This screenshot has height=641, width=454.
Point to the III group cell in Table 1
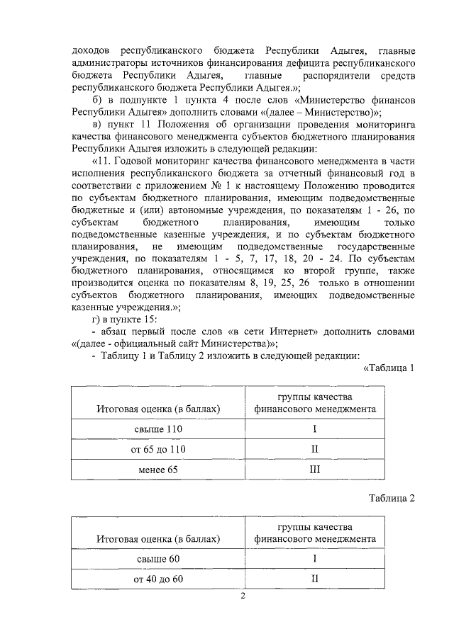coord(314,470)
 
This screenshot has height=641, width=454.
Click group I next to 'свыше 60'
coord(314,559)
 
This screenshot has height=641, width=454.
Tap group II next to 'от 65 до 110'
coord(314,450)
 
